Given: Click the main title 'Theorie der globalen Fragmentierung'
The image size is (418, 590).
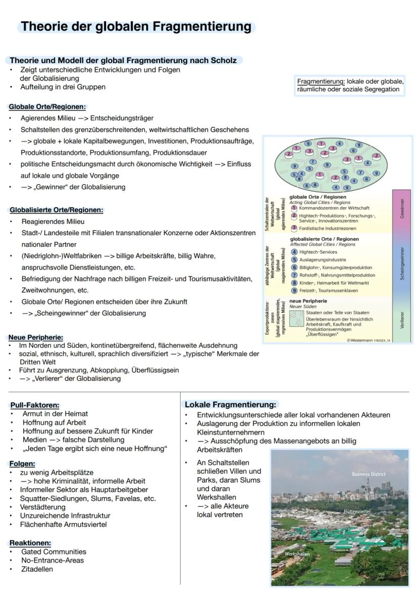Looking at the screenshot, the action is pyautogui.click(x=136, y=26).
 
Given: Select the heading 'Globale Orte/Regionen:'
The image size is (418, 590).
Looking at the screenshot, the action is pyautogui.click(x=47, y=107).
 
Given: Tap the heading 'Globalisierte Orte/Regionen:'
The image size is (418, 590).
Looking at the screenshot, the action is pyautogui.click(x=56, y=210).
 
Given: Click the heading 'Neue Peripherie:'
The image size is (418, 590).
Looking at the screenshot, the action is pyautogui.click(x=36, y=337).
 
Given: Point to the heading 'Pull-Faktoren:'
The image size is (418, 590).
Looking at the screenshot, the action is pyautogui.click(x=35, y=405).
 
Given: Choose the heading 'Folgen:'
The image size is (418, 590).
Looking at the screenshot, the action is pyautogui.click(x=23, y=463).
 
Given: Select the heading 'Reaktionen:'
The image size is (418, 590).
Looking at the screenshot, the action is pyautogui.click(x=30, y=543).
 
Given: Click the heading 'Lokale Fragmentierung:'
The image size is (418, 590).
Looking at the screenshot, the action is pyautogui.click(x=231, y=404).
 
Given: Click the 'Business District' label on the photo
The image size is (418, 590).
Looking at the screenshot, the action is pyautogui.click(x=369, y=474).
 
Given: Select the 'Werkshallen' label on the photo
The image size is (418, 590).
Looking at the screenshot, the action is pyautogui.click(x=297, y=554).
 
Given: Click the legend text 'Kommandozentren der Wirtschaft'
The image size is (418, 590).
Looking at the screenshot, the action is pyautogui.click(x=334, y=208).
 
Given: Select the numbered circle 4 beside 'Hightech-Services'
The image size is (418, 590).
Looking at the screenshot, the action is pyautogui.click(x=294, y=251).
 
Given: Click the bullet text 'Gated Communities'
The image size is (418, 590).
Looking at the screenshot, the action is pyautogui.click(x=54, y=552).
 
